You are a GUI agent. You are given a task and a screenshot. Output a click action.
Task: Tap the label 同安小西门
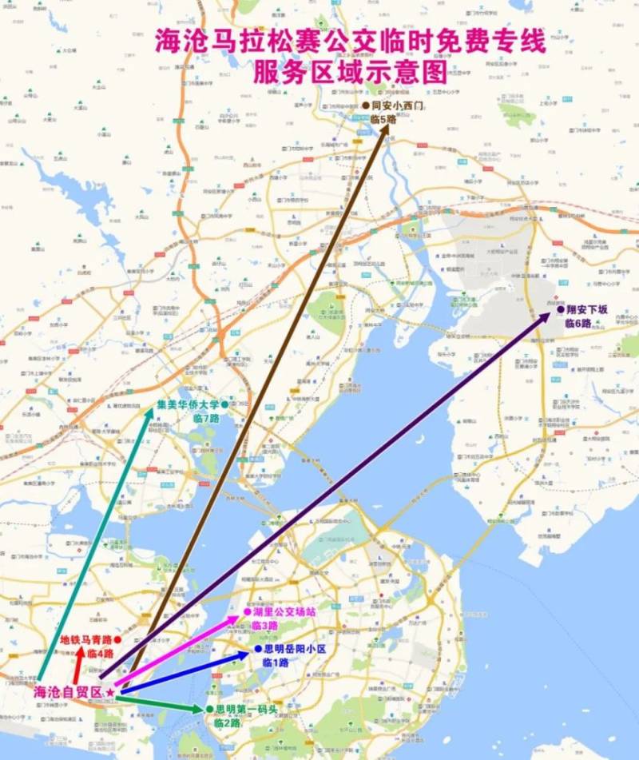click(x=397, y=105)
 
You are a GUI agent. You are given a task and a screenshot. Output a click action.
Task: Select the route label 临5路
click(x=383, y=119)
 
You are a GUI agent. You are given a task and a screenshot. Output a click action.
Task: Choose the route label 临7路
click(x=205, y=418)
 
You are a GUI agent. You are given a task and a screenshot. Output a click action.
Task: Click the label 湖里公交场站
click(x=284, y=612)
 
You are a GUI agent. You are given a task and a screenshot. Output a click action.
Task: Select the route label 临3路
click(x=264, y=625)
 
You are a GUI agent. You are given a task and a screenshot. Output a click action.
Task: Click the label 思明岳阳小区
click(x=295, y=650)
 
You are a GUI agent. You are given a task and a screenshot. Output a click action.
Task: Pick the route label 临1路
click(x=276, y=663)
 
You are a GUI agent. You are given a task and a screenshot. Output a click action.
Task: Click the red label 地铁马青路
click(x=85, y=639)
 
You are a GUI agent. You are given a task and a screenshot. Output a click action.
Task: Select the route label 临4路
click(x=101, y=654)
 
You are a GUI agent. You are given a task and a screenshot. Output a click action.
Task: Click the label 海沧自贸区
click(x=68, y=691)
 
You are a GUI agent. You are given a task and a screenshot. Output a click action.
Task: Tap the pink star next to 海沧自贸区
click(x=109, y=691)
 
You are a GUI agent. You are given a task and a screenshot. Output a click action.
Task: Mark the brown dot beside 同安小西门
click(x=365, y=105)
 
